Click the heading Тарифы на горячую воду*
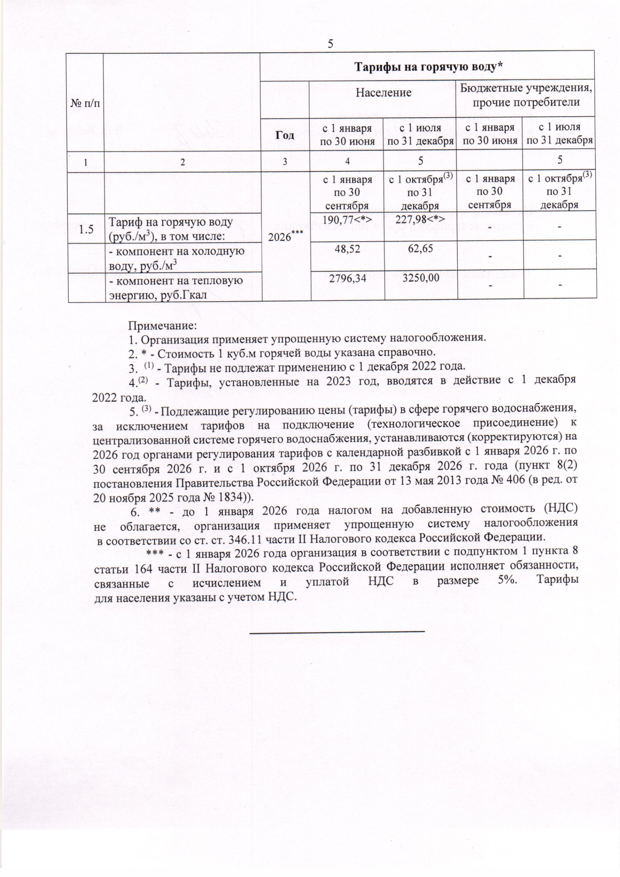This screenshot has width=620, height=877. pyautogui.click(x=427, y=66)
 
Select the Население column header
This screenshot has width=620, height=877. pyautogui.click(x=383, y=93)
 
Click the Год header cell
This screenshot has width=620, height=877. pyautogui.click(x=285, y=135)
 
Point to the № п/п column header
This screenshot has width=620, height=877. pyautogui.click(x=85, y=103)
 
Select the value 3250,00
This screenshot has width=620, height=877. pyautogui.click(x=420, y=279)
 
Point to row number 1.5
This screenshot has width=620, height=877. pyautogui.click(x=86, y=229)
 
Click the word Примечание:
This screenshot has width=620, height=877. pyautogui.click(x=163, y=326)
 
